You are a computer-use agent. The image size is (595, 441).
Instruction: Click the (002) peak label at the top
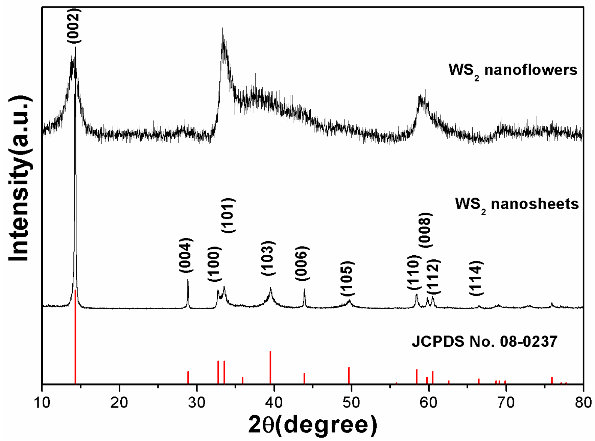(x=74, y=26)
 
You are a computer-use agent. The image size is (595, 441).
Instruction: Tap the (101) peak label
(x=228, y=215)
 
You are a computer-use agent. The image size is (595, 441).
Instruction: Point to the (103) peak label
(x=268, y=258)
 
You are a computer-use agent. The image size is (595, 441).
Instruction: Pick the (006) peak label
(x=302, y=263)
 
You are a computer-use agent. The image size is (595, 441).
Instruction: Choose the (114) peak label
(x=476, y=278)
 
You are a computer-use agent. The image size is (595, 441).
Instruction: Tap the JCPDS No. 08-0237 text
(x=484, y=342)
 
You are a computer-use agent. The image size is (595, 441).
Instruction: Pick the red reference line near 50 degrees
(x=349, y=375)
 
